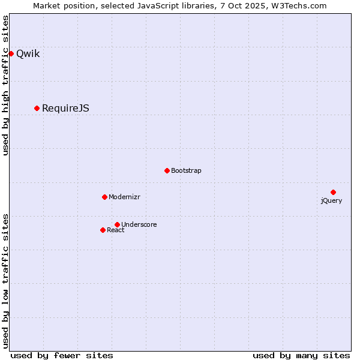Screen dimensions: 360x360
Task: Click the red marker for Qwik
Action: [x=11, y=53]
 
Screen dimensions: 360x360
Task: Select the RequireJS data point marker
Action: [x=37, y=108]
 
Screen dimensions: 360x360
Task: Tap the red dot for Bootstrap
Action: [x=167, y=170]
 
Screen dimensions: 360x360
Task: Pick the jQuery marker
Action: [x=333, y=192]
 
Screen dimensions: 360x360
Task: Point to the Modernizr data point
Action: [x=104, y=197]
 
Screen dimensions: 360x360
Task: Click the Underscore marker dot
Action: [x=117, y=224]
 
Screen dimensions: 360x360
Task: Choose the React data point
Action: [x=103, y=230]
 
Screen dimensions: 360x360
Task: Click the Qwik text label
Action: [x=28, y=53]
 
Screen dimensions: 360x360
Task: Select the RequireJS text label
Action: [x=65, y=108]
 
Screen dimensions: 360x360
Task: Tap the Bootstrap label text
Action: [x=186, y=170]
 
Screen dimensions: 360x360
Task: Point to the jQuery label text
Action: [x=331, y=200]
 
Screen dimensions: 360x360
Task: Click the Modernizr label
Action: [x=124, y=197]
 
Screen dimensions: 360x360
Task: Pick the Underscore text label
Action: [x=139, y=224]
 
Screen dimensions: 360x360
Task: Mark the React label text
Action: [x=116, y=230]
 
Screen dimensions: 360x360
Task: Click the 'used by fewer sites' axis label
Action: [x=62, y=355]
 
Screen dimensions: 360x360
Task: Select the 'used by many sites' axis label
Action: [x=301, y=355]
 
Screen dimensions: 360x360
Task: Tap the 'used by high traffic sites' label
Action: [x=5, y=85]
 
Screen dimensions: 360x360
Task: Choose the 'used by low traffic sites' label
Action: [x=5, y=280]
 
